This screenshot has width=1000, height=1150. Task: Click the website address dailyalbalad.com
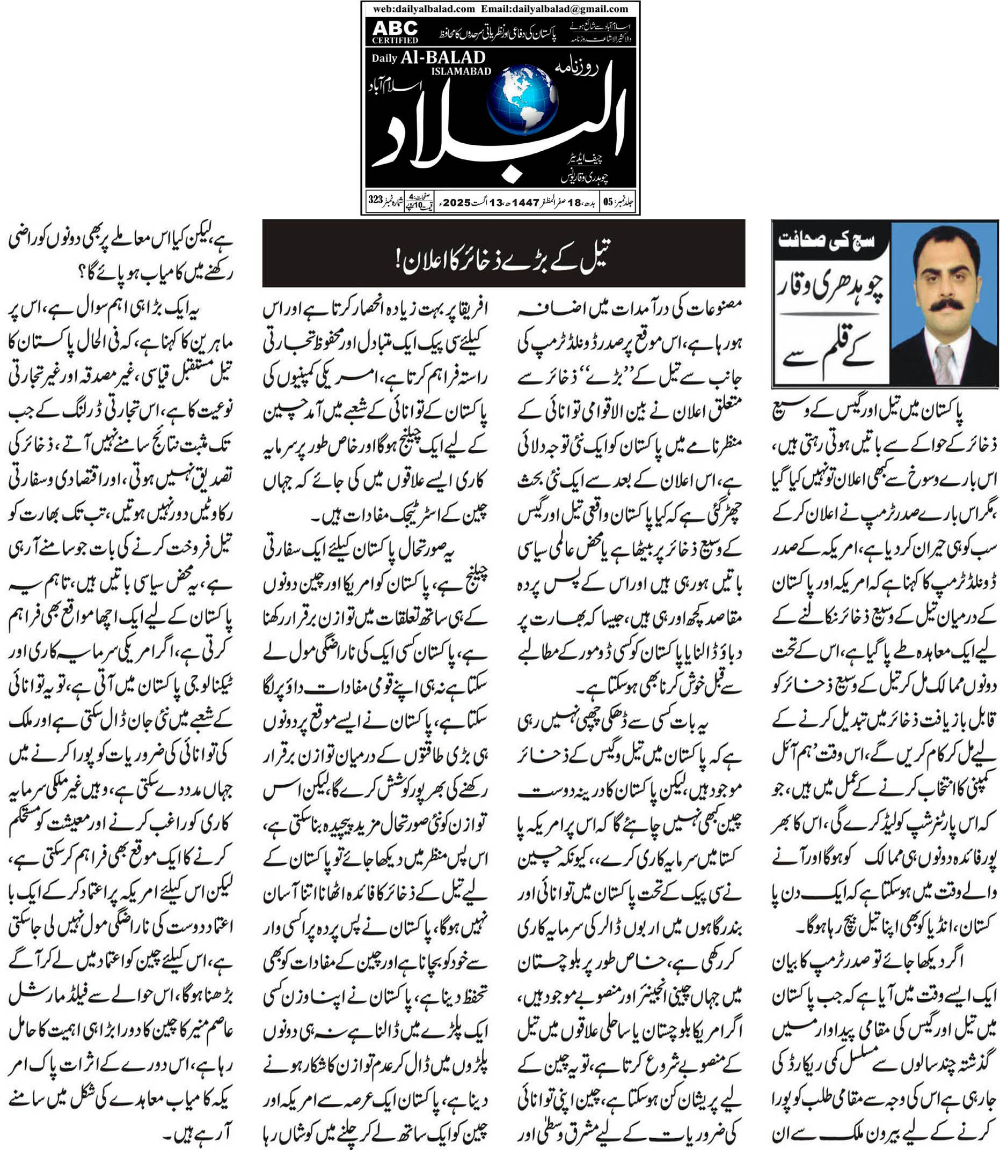(x=433, y=9)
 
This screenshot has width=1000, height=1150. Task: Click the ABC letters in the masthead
(x=395, y=28)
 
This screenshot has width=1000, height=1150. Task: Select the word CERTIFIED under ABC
(x=395, y=40)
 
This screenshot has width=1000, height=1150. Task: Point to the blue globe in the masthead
(x=522, y=100)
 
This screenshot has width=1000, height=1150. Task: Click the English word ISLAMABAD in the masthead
(x=461, y=71)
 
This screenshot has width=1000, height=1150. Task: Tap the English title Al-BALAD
(x=443, y=57)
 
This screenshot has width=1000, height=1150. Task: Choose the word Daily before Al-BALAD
(x=384, y=58)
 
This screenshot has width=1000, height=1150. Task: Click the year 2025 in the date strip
(x=457, y=202)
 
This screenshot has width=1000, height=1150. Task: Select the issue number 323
(x=376, y=200)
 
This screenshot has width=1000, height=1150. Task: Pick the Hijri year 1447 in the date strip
(x=525, y=202)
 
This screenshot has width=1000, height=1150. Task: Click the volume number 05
(x=608, y=202)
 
